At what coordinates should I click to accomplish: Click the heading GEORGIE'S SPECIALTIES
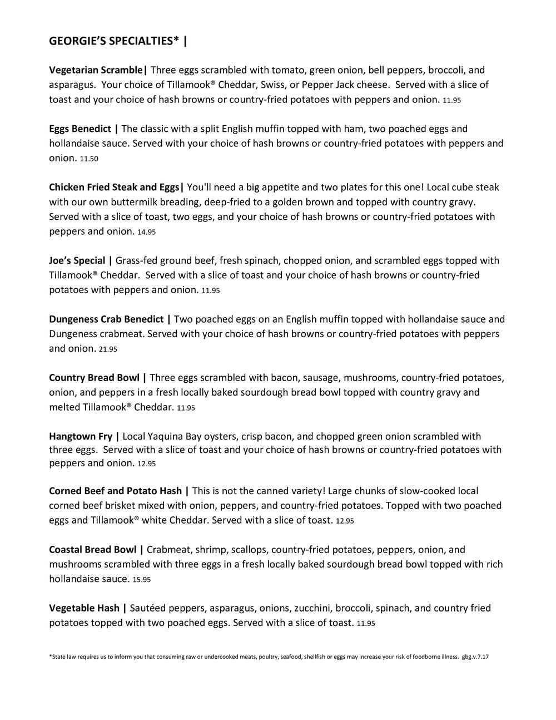point(114,41)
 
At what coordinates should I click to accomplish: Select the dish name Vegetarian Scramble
point(96,70)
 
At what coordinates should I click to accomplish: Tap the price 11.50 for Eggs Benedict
point(89,159)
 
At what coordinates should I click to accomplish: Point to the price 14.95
point(146,232)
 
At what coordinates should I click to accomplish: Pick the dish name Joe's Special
point(77,260)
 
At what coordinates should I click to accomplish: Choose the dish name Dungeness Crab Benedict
point(106,319)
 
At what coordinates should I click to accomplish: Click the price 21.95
point(108,349)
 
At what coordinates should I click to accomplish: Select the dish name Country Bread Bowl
point(94,378)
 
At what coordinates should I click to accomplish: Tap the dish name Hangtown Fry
point(80,436)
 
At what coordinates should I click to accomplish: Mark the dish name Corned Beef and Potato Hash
point(115,491)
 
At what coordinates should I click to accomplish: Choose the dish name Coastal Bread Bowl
point(92,550)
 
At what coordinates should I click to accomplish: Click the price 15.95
point(142,580)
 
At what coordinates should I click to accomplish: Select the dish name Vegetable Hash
point(84,608)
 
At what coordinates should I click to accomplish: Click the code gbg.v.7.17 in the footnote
point(475,657)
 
